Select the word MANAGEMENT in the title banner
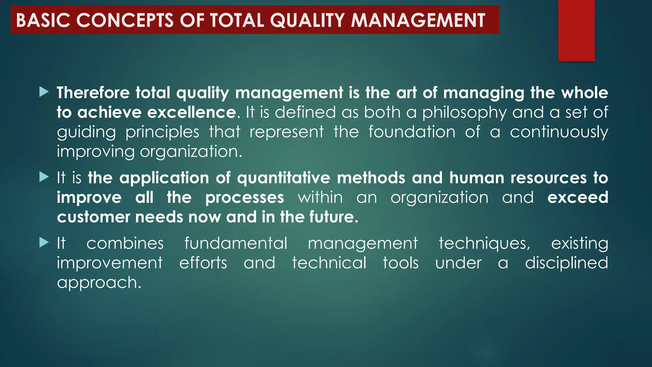click(x=418, y=20)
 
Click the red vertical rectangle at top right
click(x=576, y=30)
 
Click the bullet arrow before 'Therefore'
click(x=44, y=92)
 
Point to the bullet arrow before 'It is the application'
click(x=44, y=177)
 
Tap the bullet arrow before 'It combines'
click(x=44, y=243)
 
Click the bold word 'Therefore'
click(x=93, y=93)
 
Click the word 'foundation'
click(x=412, y=132)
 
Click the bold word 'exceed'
click(x=578, y=198)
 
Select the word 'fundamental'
click(x=236, y=244)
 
